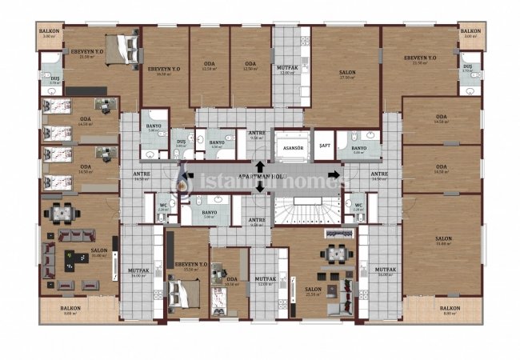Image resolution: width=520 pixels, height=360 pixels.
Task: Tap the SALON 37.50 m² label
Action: point(346,74)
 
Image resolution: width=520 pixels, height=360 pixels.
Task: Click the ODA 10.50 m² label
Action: point(232,282)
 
